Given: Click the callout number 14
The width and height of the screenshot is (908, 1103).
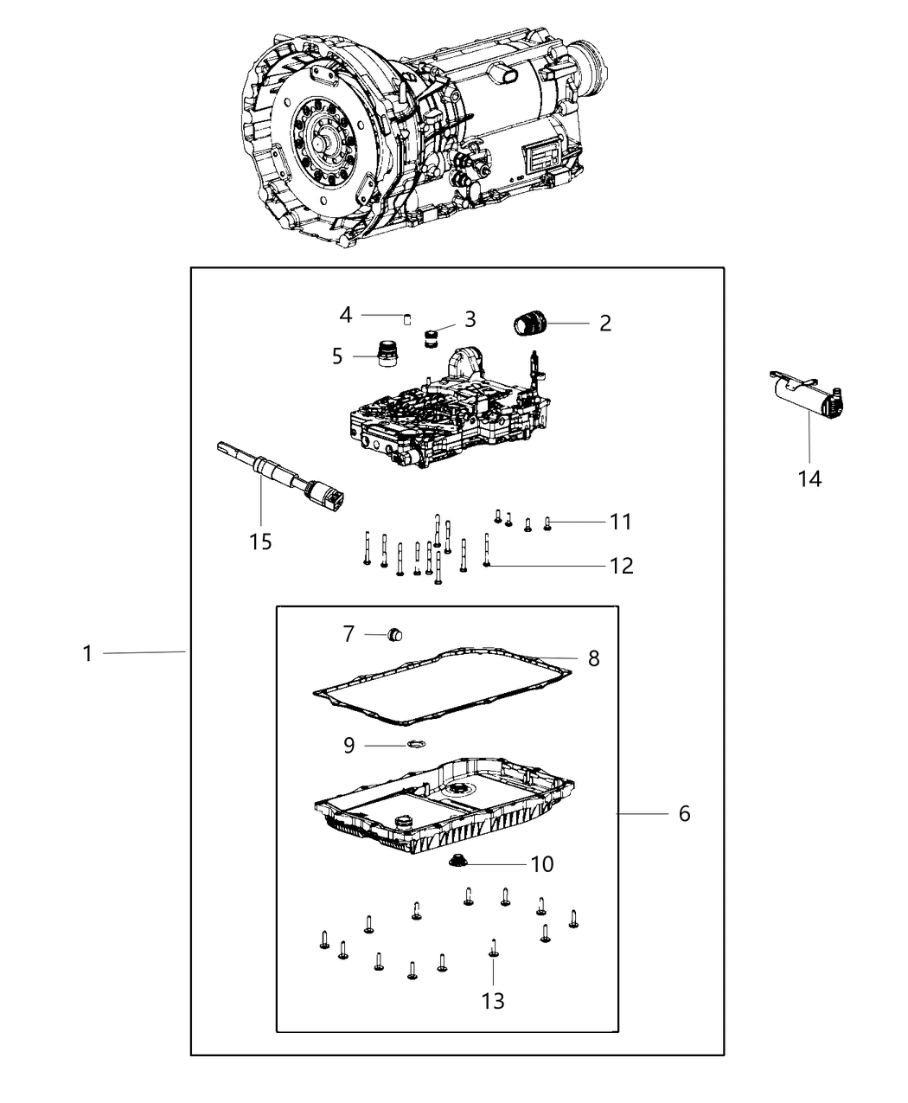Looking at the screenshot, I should pyautogui.click(x=809, y=478).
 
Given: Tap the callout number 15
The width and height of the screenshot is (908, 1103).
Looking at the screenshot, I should pyautogui.click(x=260, y=542).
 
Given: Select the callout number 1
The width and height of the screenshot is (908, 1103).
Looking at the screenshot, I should pyautogui.click(x=87, y=653).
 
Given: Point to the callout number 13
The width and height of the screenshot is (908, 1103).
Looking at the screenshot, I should pyautogui.click(x=492, y=1001).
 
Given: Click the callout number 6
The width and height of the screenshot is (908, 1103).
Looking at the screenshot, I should pyautogui.click(x=684, y=814).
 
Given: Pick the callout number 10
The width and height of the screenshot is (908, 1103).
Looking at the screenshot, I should pyautogui.click(x=542, y=864).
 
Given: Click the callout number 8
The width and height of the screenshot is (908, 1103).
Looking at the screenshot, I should pyautogui.click(x=593, y=658).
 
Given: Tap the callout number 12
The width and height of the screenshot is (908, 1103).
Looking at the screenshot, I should pyautogui.click(x=621, y=566).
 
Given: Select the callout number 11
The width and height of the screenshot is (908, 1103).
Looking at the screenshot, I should pyautogui.click(x=620, y=522).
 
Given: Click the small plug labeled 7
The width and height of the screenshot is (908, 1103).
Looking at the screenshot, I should pyautogui.click(x=398, y=635).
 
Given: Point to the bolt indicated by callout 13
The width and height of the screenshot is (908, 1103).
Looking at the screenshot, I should pyautogui.click(x=492, y=952).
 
